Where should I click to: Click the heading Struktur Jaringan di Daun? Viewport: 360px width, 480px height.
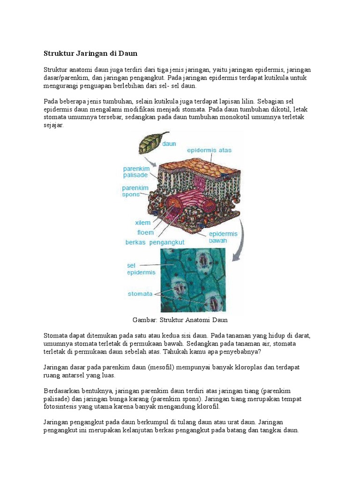pos(90,53)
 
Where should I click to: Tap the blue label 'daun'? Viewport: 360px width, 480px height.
pos(169,144)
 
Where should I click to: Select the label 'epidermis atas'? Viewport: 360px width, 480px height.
pos(209,150)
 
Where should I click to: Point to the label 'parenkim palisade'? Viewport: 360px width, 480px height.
pos(135,172)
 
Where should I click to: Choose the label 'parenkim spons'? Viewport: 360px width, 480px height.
pos(135,191)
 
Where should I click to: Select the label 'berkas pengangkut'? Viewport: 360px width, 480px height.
pos(155,242)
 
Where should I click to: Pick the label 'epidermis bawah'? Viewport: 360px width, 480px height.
pos(223,237)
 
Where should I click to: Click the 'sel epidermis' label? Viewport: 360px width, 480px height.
pos(138,269)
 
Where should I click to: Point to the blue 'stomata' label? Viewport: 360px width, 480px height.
pos(140,294)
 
